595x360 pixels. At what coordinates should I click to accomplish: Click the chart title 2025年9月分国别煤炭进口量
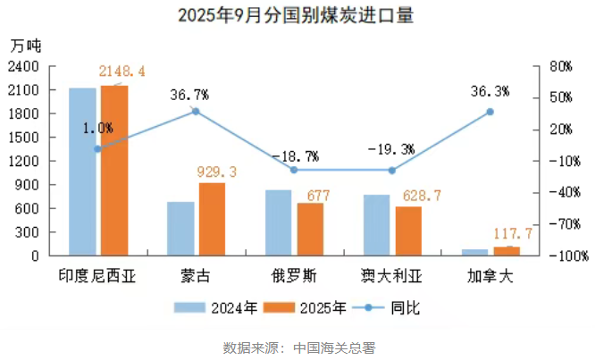[297, 15]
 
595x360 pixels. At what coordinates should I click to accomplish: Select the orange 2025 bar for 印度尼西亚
[113, 170]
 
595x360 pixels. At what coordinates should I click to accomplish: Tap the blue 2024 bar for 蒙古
[180, 228]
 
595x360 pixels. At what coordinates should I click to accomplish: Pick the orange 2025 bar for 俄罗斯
[310, 229]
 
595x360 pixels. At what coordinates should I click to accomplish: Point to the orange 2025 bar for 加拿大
[506, 251]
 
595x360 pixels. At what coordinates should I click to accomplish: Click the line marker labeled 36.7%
[196, 112]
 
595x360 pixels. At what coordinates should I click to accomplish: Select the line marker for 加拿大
[490, 112]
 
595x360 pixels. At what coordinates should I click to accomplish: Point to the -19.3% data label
[394, 149]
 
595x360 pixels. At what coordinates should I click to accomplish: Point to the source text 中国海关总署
[336, 347]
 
